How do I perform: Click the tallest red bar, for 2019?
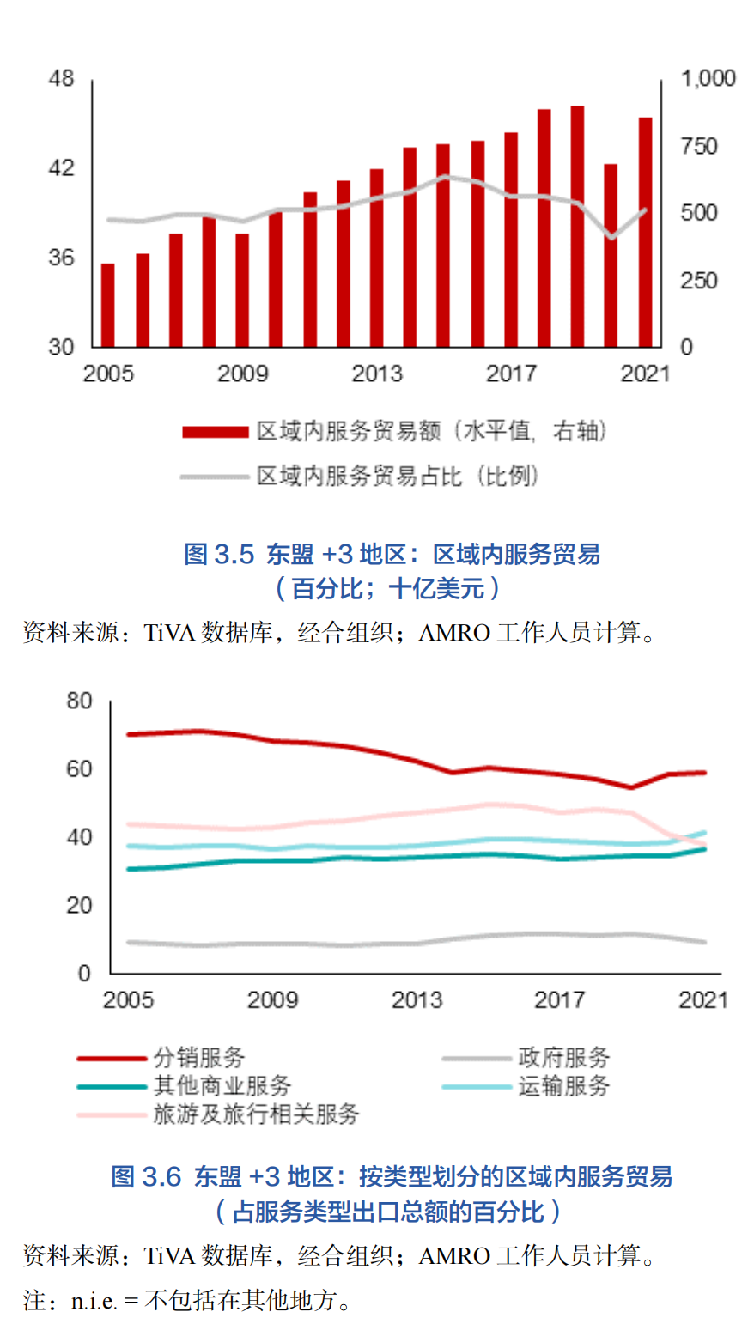pos(577,227)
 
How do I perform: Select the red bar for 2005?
pos(108,305)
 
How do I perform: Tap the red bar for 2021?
pos(645,232)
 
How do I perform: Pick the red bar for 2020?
pos(611,255)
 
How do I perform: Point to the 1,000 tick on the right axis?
pos(708,79)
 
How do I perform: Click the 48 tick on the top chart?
pos(62,79)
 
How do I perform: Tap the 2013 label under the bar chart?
pos(377,374)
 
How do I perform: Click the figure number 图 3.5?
pos(220,555)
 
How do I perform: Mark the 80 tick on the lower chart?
pos(78,701)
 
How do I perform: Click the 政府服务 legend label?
pos(563,1058)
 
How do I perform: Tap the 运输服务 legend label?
pos(563,1086)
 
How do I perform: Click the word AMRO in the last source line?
pos(454,1257)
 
